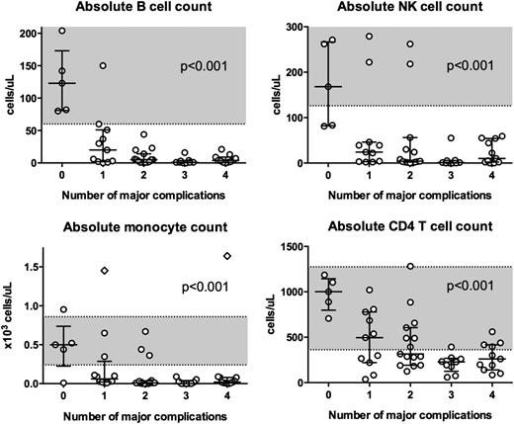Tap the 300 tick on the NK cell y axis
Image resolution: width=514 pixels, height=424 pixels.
coord(297,27)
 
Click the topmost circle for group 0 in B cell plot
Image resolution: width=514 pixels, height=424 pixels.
coord(62,32)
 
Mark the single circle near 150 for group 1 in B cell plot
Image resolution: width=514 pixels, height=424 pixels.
coord(102,66)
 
